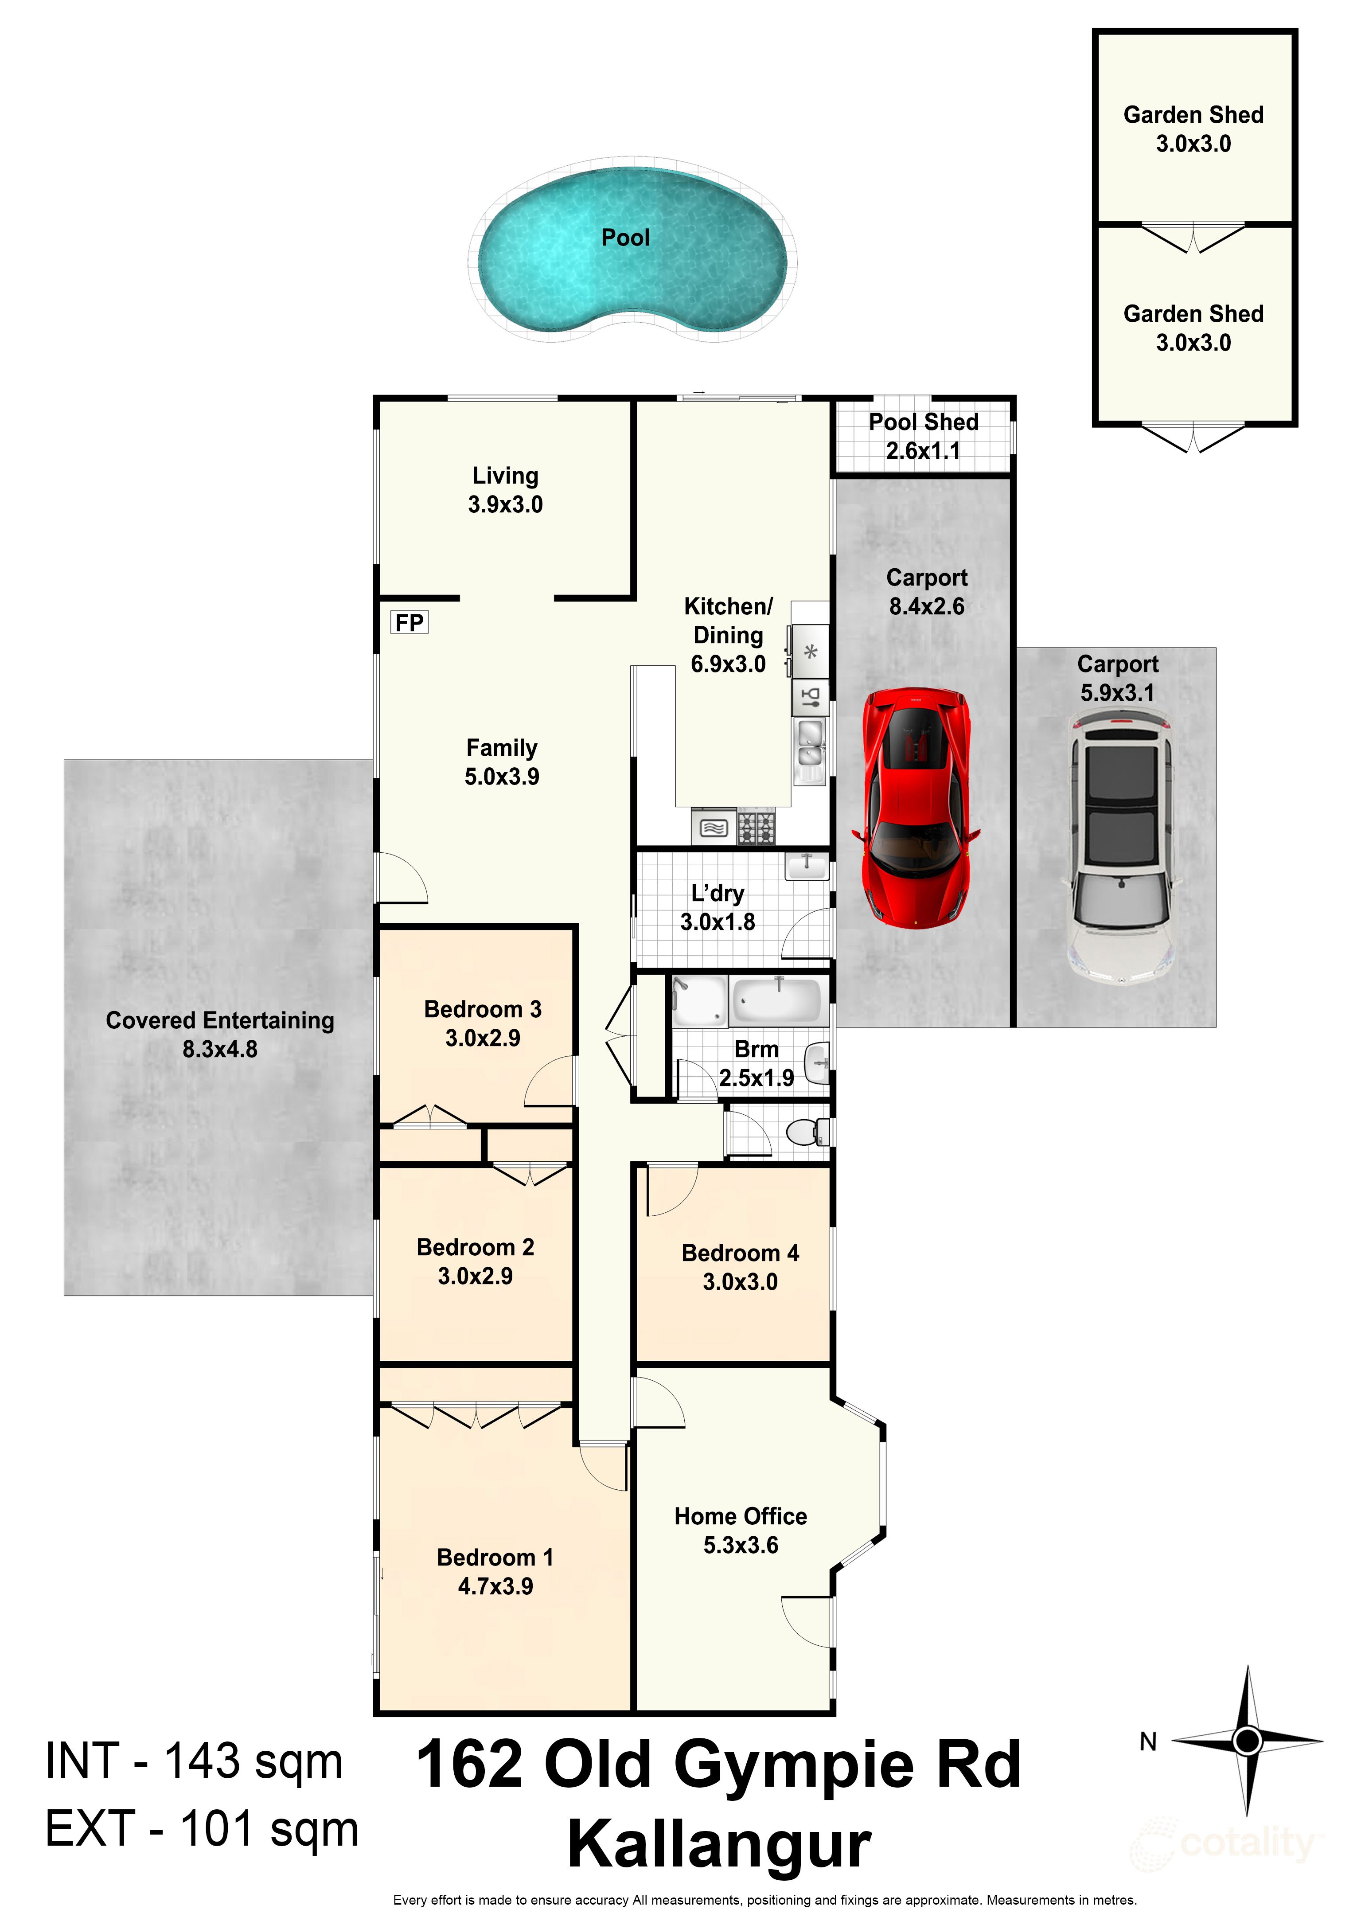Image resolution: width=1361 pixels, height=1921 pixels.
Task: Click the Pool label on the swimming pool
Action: point(625,238)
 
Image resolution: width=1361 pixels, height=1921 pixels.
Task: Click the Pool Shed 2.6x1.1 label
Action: point(924,436)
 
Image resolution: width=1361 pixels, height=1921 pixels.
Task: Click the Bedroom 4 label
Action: point(740,1253)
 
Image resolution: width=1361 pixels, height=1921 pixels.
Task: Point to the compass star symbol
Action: point(1247,1741)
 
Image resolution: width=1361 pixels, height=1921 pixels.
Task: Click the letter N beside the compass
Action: point(1147,1741)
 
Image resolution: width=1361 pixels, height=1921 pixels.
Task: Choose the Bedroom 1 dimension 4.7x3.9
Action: point(495,1586)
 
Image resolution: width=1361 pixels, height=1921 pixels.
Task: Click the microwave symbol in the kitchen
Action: point(713,828)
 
